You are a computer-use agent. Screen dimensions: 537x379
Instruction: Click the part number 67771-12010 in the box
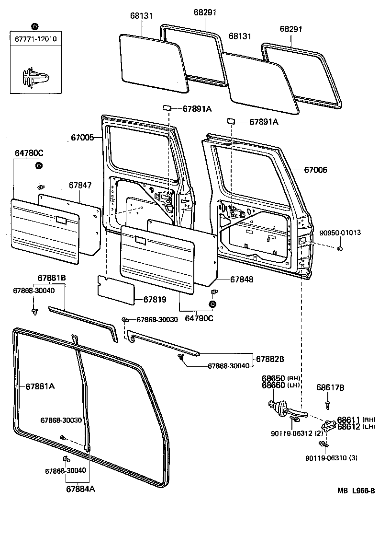pos(36,39)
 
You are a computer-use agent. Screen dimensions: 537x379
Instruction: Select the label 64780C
pos(29,153)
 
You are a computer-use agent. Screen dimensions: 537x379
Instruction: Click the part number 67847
pos(80,185)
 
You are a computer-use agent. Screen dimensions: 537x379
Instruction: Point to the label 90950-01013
pos(340,233)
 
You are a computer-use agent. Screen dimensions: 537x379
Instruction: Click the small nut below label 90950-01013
pos(339,248)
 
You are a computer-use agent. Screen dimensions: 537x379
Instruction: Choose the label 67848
pos(242,279)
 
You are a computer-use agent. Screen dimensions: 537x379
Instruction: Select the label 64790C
pos(199,317)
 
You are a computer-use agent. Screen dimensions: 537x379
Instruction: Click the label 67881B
pos(52,279)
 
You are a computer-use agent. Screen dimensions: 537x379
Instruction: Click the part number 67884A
pos(80,489)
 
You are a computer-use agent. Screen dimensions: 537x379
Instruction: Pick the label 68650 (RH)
pos(280,378)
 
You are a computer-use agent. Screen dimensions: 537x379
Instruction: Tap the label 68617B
pos(329,387)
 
